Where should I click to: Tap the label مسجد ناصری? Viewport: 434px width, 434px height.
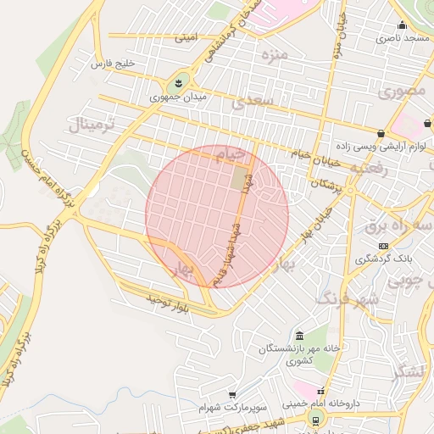pyautogui.click(x=403, y=39)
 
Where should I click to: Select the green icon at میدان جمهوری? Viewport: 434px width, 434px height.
pyautogui.click(x=178, y=83)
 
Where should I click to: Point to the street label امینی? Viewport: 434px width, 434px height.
pyautogui.click(x=186, y=38)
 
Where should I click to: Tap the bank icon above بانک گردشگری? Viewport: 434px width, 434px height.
pyautogui.click(x=383, y=246)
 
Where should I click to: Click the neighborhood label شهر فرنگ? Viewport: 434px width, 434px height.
pyautogui.click(x=348, y=298)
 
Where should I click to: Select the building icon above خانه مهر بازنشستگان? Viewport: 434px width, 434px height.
pyautogui.click(x=299, y=335)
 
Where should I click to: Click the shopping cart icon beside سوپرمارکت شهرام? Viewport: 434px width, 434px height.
pyautogui.click(x=232, y=396)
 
